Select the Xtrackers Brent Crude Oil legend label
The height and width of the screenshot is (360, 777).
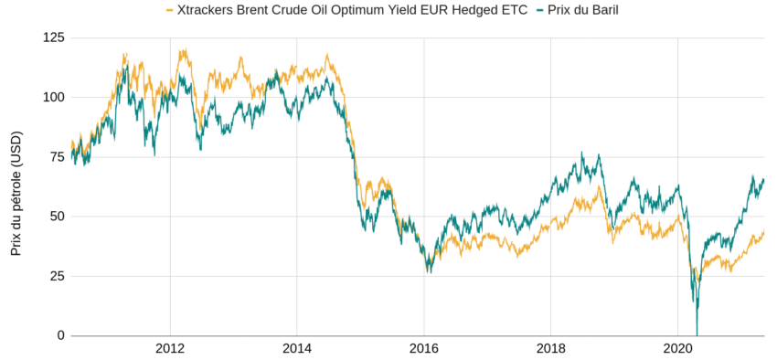[x=351, y=10]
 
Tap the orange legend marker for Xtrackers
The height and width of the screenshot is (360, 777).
[x=168, y=10]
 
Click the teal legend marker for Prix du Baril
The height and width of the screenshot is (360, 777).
[x=542, y=10]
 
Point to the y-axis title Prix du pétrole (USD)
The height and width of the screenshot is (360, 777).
[x=16, y=187]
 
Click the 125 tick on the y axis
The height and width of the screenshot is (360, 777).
[x=54, y=37]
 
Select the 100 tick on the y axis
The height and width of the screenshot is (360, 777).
[x=54, y=97]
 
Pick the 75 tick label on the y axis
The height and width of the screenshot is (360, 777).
[x=58, y=156]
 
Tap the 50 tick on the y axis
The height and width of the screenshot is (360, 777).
[x=58, y=217]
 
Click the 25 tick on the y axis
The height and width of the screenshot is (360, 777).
[x=58, y=276]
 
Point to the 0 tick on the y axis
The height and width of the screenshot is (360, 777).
[x=61, y=335]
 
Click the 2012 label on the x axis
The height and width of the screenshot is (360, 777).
[x=170, y=349]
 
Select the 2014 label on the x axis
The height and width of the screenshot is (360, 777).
[x=297, y=349]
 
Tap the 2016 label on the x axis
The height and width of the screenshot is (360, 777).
[x=423, y=349]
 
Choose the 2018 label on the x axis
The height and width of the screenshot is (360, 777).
[x=550, y=349]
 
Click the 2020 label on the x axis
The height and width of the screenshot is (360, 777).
[x=676, y=349]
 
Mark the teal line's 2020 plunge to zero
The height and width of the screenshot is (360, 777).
[x=697, y=334]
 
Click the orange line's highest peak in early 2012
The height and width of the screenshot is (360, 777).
[x=184, y=51]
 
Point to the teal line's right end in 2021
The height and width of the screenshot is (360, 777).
[x=763, y=180]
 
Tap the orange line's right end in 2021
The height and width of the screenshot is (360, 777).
[x=763, y=232]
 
